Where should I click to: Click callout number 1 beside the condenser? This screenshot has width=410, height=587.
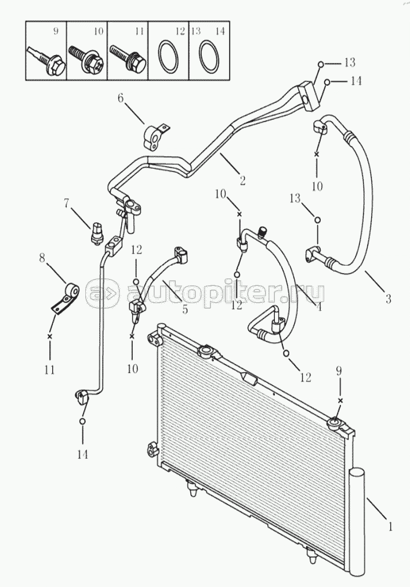(x=390, y=527)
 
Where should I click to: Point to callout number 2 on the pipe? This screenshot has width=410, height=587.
(x=242, y=180)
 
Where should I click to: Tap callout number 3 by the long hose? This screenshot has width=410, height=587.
(x=388, y=299)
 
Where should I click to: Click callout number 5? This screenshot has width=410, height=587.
(x=185, y=310)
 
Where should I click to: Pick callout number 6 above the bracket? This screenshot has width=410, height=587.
(x=121, y=99)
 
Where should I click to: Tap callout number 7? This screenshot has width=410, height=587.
(x=67, y=203)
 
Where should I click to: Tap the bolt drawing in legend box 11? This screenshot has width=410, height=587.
(x=127, y=59)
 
